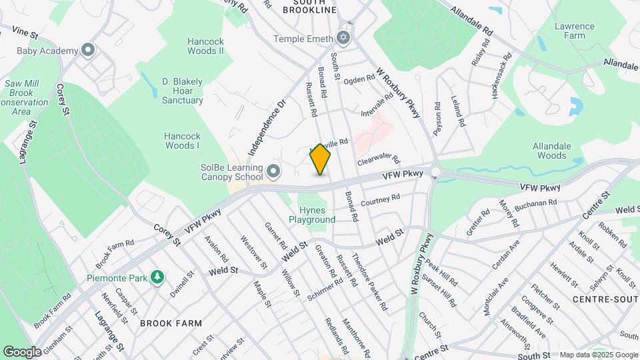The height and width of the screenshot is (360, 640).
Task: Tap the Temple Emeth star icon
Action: [343, 38]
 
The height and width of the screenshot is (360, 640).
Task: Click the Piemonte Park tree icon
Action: [157, 277]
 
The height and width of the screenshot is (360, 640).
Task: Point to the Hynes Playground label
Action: [312, 215]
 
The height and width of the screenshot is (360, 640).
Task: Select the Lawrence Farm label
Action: [574, 31]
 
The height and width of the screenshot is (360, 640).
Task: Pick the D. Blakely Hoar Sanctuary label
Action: [182, 91]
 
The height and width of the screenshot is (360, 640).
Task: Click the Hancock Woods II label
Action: [205, 46]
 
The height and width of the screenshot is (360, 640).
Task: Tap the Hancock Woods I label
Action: [182, 141]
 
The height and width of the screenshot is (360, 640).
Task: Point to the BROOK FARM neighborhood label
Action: [171, 323]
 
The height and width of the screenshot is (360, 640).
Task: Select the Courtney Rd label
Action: [380, 199]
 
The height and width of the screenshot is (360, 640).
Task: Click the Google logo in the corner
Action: [22, 351]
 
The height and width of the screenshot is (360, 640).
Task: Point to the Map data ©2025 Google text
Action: [598, 355]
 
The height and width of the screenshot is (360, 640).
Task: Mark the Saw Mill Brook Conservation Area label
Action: [25, 97]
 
